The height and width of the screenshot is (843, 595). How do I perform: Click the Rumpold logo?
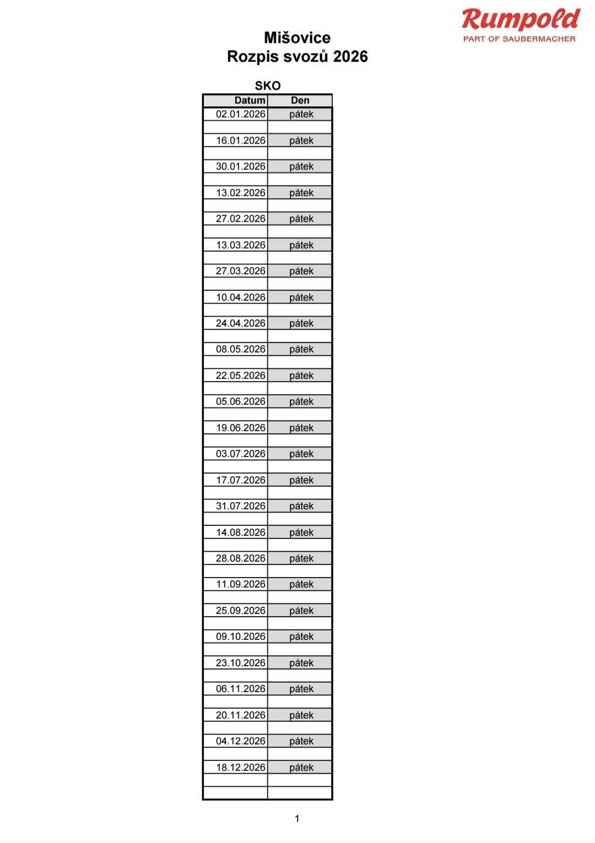[x=521, y=20]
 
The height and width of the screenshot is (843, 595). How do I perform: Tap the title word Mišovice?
[x=297, y=38]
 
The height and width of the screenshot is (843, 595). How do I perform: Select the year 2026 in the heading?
[x=350, y=57]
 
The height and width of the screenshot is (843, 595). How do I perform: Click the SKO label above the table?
[x=268, y=86]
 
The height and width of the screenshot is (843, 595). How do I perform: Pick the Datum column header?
[x=250, y=100]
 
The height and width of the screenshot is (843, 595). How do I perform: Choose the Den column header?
[x=300, y=100]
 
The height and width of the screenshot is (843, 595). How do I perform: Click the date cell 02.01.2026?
[x=241, y=115]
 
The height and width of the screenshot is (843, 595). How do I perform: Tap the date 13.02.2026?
[x=241, y=193]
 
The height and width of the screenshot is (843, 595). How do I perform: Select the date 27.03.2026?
[x=241, y=271]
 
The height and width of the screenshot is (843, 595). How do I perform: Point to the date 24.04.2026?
[x=241, y=323]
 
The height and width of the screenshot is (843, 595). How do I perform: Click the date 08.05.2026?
[x=241, y=349]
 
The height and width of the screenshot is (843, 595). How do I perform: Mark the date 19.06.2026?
[x=241, y=428]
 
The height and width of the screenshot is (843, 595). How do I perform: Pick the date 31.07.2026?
[x=241, y=506]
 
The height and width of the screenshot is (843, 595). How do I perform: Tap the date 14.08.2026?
[x=241, y=532]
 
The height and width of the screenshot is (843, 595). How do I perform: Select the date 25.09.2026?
[x=241, y=611]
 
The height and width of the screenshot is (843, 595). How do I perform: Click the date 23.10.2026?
[x=241, y=663]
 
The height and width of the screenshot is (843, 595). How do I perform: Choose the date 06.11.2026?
[x=241, y=689]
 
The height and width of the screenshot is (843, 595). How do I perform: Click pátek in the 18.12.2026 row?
[x=301, y=768]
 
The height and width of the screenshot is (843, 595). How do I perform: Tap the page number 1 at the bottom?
[x=297, y=819]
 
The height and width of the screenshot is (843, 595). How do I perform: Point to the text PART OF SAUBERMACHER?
[x=519, y=39]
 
